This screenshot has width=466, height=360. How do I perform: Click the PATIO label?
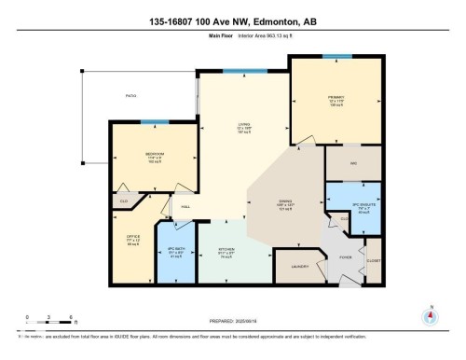click(131, 95)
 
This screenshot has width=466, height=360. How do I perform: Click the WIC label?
click(353, 163)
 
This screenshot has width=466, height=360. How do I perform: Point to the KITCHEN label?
click(224, 250)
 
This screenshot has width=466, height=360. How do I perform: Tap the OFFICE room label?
click(133, 236)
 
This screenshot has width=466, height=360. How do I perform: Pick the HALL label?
click(185, 206)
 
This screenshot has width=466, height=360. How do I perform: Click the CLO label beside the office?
click(123, 200)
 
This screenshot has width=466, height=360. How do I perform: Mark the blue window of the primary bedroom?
click(336, 57)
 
